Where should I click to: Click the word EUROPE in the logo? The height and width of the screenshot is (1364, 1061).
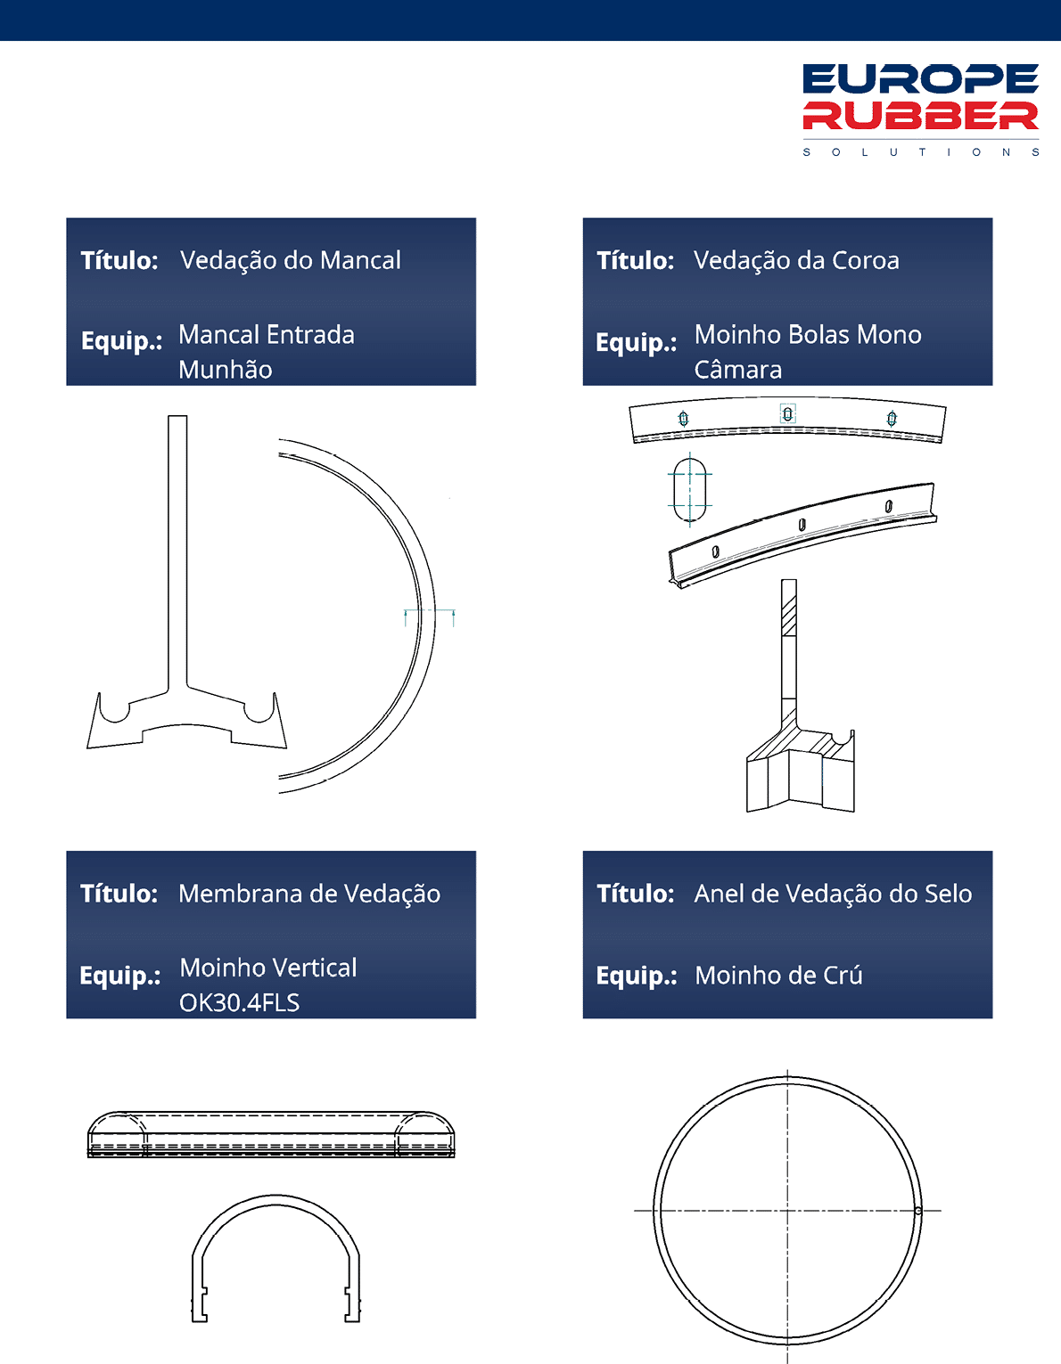point(920,78)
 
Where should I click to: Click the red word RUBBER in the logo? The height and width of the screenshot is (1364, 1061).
point(920,116)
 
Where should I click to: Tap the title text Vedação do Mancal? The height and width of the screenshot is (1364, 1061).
point(291,260)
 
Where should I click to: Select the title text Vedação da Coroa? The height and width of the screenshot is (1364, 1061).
point(796,260)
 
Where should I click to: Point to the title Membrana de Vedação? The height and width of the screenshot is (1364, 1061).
point(309,894)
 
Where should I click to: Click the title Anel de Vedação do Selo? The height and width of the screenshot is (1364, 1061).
point(833,894)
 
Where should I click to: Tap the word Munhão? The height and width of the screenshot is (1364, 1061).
point(226,370)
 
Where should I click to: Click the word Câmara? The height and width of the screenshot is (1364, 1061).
point(738,370)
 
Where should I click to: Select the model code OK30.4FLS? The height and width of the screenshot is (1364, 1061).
point(239,1003)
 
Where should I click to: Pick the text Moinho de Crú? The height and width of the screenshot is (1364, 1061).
point(778,976)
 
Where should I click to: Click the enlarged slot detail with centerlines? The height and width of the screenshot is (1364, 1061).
point(690,490)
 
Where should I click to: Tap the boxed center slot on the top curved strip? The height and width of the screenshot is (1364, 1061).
point(788,413)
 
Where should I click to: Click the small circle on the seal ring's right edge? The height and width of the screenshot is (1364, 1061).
point(917,1211)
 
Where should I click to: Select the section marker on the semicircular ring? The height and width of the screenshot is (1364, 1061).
point(430,617)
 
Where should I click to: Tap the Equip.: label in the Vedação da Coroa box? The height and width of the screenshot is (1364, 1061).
point(637,343)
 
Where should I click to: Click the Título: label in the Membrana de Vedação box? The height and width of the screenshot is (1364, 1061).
point(119,894)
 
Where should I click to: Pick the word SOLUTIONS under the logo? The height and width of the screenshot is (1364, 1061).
point(920,152)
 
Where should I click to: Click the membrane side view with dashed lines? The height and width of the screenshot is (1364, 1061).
point(271,1134)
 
